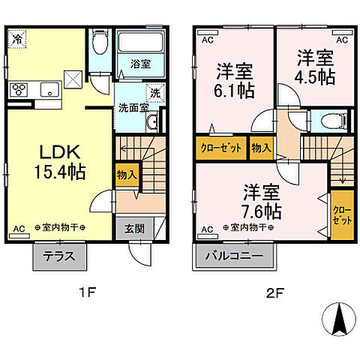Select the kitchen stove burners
pyautogui.click(x=19, y=90)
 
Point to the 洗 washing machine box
pyautogui.click(x=153, y=93)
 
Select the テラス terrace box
pyautogui.click(x=59, y=256)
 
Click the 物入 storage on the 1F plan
pyautogui.click(x=127, y=175)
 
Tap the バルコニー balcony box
pyautogui.click(x=235, y=256)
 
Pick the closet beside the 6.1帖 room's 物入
pyautogui.click(x=221, y=148)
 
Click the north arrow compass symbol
pyautogui.click(x=338, y=320)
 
